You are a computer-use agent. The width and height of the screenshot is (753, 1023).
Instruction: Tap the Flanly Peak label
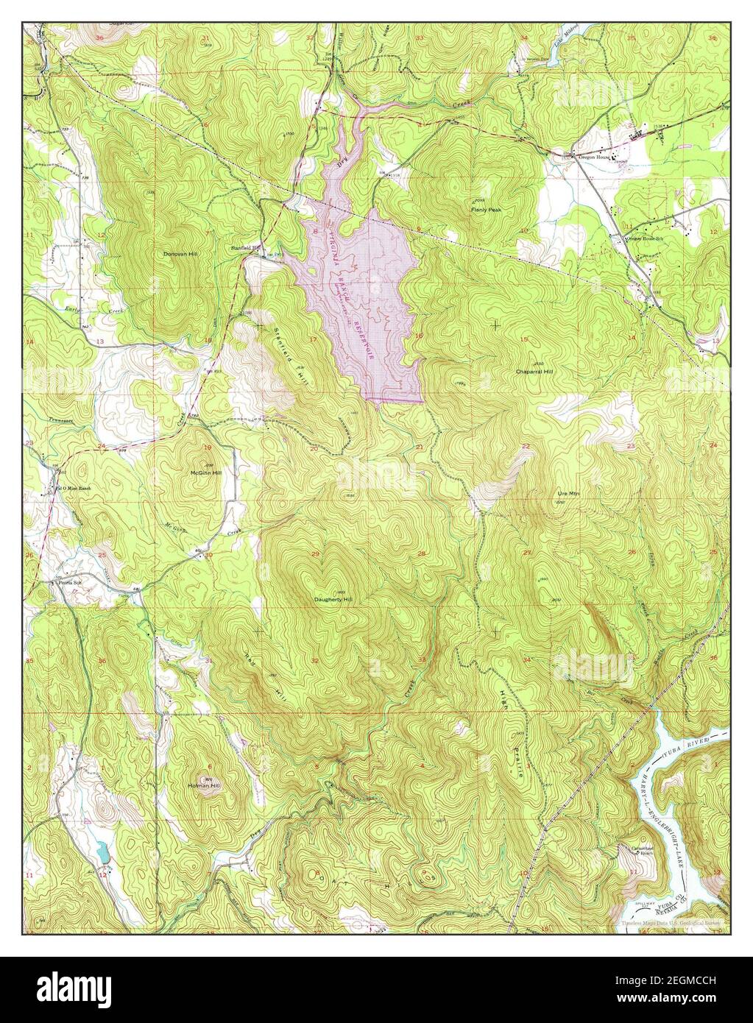[486, 210]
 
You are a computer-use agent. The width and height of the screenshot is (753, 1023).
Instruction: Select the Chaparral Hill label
[534, 372]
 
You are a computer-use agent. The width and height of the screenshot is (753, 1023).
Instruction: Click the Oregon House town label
[595, 157]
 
